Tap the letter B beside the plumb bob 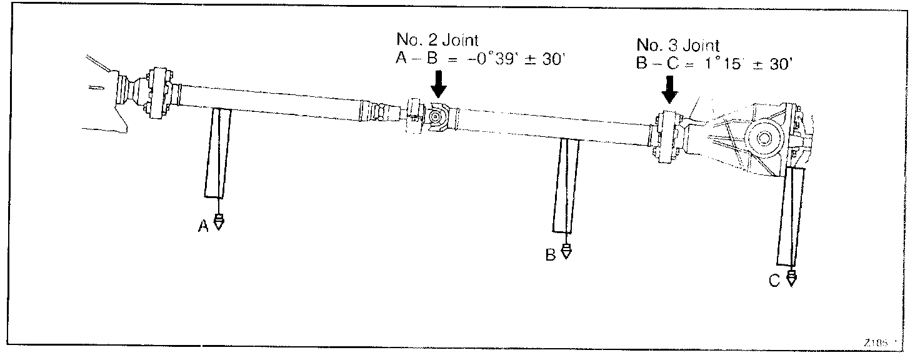click(x=551, y=255)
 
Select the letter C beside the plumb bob click(x=774, y=282)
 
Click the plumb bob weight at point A click(x=219, y=222)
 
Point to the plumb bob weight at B click(x=566, y=251)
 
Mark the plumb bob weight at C click(x=792, y=278)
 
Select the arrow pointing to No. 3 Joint click(x=671, y=89)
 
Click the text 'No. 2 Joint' click(x=437, y=40)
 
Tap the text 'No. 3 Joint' click(x=677, y=46)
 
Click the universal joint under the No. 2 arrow click(x=436, y=116)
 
